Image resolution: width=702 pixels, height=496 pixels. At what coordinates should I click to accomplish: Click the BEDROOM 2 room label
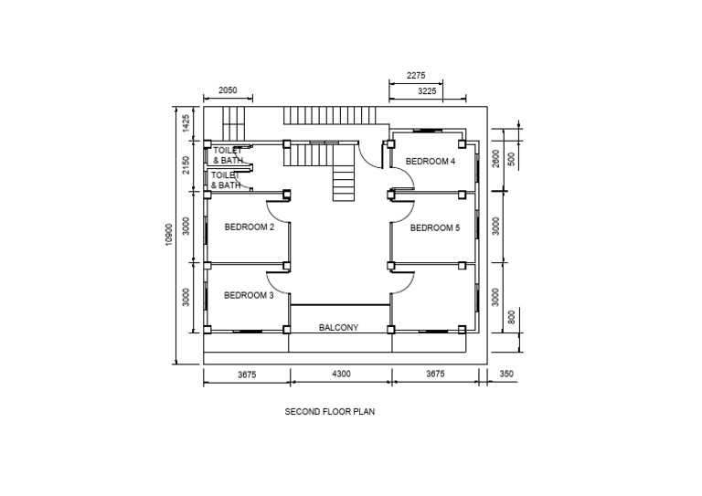(x=250, y=227)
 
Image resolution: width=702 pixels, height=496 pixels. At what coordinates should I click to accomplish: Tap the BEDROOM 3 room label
(x=249, y=296)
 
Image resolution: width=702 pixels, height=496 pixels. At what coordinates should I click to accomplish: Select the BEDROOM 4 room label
(x=430, y=162)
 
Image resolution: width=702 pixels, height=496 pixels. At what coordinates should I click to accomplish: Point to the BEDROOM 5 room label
(x=435, y=228)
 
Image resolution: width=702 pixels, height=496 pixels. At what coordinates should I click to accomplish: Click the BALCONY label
(x=338, y=327)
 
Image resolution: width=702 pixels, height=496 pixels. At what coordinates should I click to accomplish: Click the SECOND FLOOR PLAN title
(x=330, y=412)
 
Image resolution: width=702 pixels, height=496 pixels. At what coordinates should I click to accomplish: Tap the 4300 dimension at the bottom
(x=340, y=374)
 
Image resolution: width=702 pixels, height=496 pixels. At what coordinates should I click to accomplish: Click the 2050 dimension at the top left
(x=228, y=90)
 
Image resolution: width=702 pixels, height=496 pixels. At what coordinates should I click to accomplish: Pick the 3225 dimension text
(x=427, y=91)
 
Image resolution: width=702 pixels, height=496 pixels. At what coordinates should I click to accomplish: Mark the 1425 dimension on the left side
(x=186, y=124)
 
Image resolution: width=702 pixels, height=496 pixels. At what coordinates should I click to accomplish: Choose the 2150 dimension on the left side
(x=186, y=165)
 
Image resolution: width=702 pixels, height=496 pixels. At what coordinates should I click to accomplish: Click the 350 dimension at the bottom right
(x=507, y=374)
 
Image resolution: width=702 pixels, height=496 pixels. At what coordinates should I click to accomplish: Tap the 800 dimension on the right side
(x=511, y=318)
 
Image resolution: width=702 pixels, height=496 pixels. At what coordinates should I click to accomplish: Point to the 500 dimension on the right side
(x=512, y=157)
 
